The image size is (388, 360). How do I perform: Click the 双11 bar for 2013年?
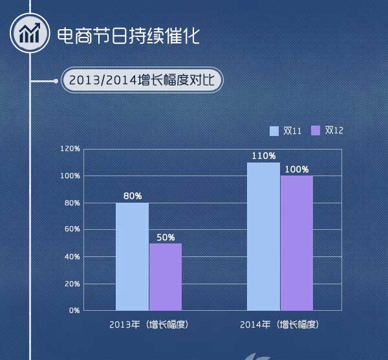point(132,256)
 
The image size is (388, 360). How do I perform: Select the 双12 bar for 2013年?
point(166,276)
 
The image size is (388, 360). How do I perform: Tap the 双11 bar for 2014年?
point(264,236)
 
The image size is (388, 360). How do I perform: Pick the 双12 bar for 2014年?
point(297,243)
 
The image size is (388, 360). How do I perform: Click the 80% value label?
point(133,196)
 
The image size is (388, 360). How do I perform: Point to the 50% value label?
point(166,237)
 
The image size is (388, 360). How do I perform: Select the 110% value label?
point(264,156)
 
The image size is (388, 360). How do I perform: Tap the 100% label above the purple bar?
point(297,169)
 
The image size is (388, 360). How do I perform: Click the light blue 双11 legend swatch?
point(274,131)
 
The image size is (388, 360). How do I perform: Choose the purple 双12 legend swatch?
point(316,131)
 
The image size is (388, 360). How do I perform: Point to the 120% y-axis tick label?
point(70,149)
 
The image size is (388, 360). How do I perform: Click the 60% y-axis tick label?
point(72,229)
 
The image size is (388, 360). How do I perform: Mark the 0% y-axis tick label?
point(74,310)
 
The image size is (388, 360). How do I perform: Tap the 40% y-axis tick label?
point(72,256)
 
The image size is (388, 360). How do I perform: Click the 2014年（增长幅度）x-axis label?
point(280,324)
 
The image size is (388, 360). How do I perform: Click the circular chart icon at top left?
point(28,34)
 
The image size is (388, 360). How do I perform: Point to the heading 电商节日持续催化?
point(128,35)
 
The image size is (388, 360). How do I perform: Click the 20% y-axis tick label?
point(72,284)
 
